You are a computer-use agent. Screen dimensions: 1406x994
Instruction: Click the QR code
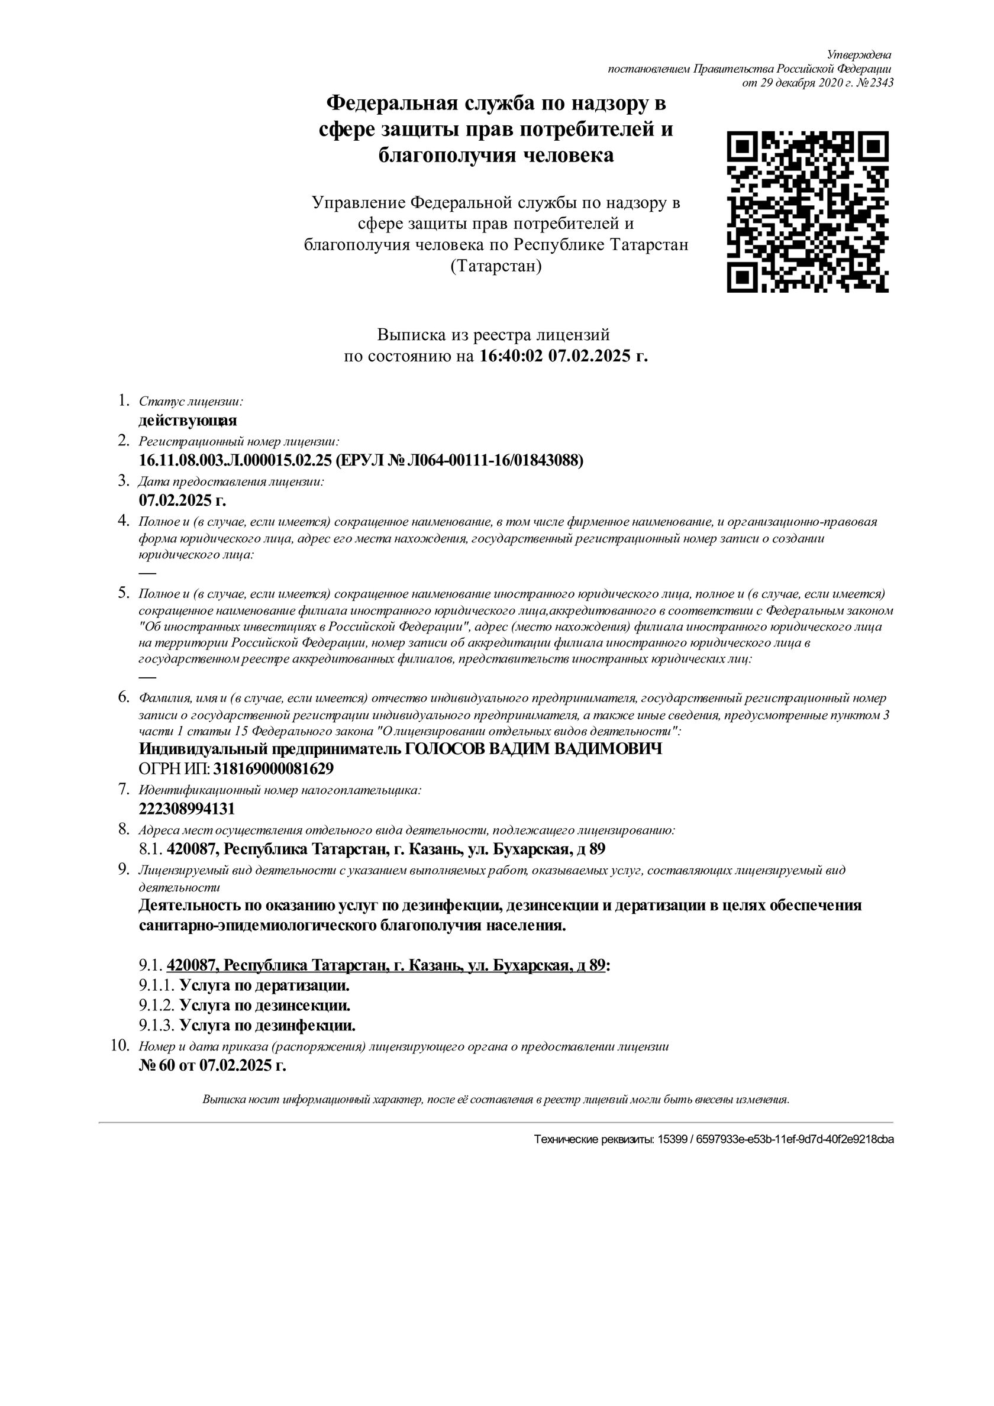pyautogui.click(x=808, y=212)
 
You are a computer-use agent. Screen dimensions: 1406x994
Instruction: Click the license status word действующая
pyautogui.click(x=188, y=421)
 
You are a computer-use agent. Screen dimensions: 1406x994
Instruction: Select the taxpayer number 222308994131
pyautogui.click(x=187, y=809)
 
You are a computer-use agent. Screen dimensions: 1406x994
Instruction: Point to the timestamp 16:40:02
pyautogui.click(x=511, y=355)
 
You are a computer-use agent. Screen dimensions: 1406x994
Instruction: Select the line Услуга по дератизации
pyautogui.click(x=264, y=986)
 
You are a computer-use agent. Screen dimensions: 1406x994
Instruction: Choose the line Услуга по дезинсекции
pyautogui.click(x=264, y=1006)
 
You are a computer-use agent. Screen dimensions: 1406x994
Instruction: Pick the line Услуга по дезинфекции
pyautogui.click(x=267, y=1025)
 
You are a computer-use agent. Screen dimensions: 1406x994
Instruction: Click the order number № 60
pyautogui.click(x=157, y=1065)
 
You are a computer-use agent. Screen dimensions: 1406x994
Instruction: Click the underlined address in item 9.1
pyautogui.click(x=386, y=966)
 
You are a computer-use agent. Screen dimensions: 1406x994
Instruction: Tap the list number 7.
pyautogui.click(x=124, y=788)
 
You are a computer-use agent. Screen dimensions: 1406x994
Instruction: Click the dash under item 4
pyautogui.click(x=147, y=573)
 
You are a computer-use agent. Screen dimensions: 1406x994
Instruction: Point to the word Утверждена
pyautogui.click(x=859, y=55)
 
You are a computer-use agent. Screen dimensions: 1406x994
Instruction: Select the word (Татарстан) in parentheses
pyautogui.click(x=496, y=266)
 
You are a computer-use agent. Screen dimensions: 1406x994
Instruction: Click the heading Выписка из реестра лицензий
pyautogui.click(x=493, y=335)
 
